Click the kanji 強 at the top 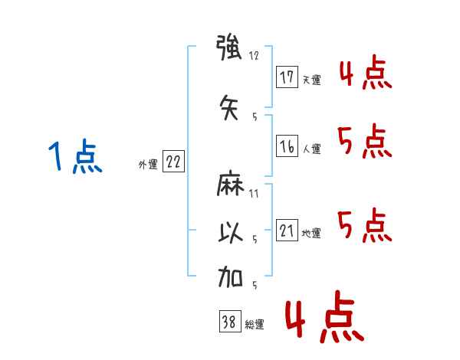[230, 50]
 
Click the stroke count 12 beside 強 [255, 57]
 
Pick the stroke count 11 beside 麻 [254, 193]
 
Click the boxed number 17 [287, 77]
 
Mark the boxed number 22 [173, 162]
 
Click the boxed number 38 [229, 322]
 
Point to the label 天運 [311, 80]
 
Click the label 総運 [255, 325]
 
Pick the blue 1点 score [75, 158]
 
